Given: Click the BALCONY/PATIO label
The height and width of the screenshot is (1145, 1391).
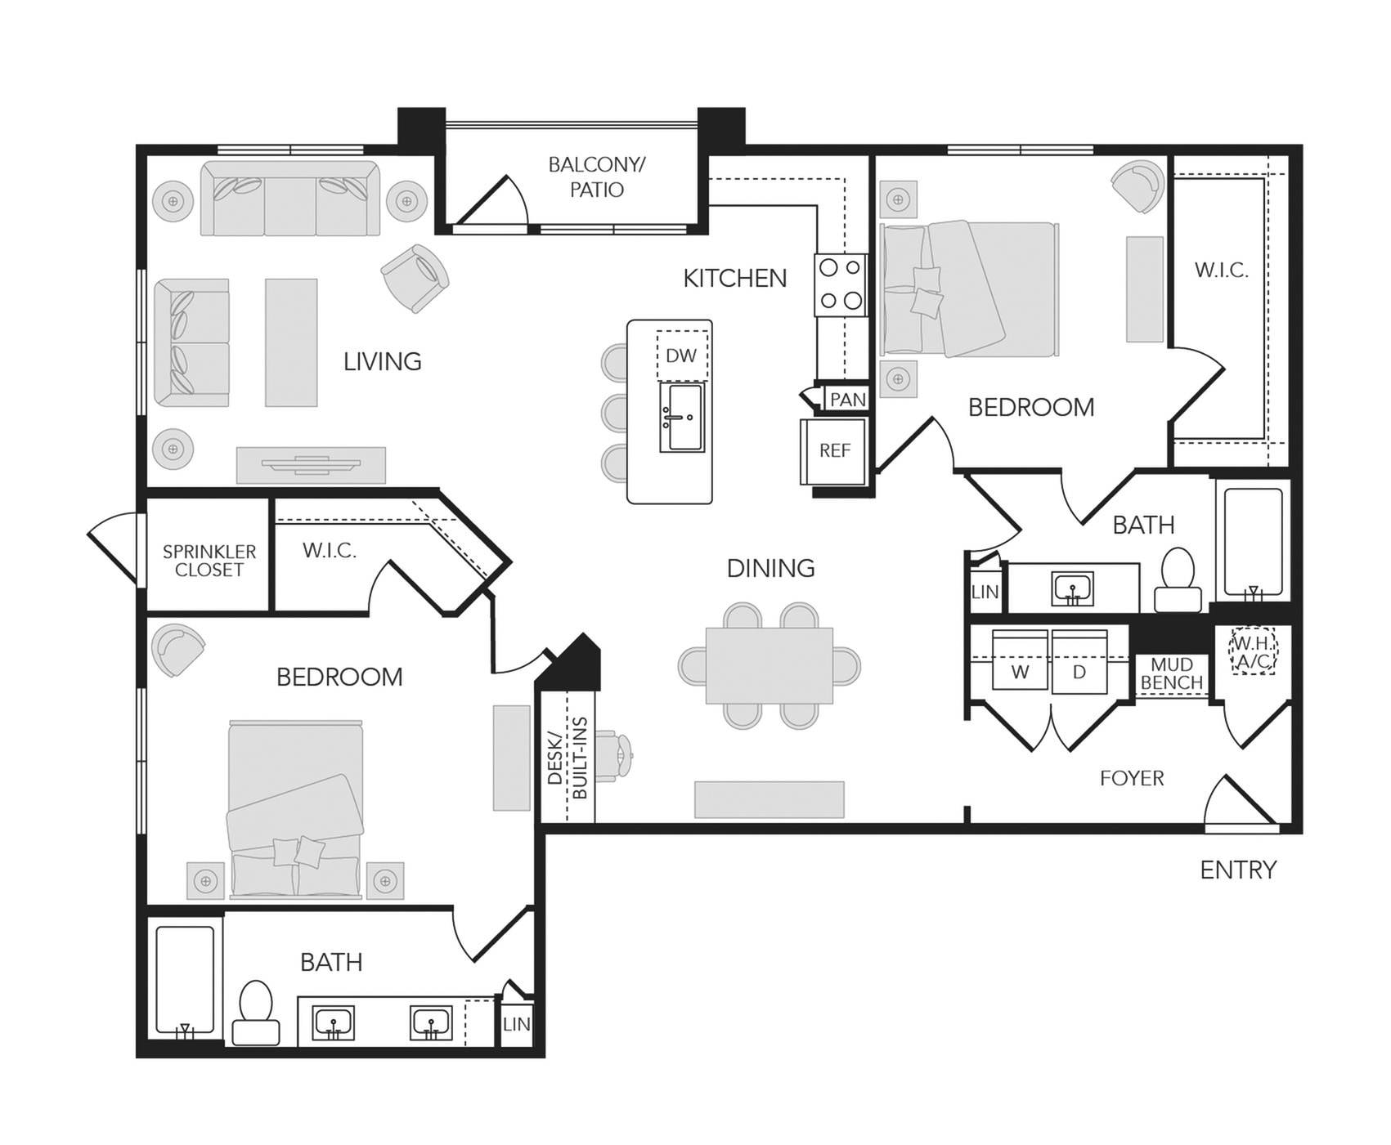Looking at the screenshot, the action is pyautogui.click(x=597, y=177).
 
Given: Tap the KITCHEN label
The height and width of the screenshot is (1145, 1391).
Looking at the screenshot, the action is pyautogui.click(x=735, y=279).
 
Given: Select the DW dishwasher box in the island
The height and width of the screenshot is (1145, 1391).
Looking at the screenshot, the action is pyautogui.click(x=682, y=356).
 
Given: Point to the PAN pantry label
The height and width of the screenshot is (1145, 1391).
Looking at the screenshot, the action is pyautogui.click(x=847, y=400).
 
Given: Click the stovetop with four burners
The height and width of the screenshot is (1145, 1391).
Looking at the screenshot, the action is pyautogui.click(x=841, y=284).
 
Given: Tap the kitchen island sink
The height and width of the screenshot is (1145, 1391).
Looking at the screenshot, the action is pyautogui.click(x=682, y=417).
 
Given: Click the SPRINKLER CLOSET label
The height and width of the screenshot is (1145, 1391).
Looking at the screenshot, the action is pyautogui.click(x=209, y=561).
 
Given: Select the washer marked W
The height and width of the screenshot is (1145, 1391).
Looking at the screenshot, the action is pyautogui.click(x=1020, y=660).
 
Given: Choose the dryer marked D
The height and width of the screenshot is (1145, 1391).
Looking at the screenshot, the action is pyautogui.click(x=1079, y=660).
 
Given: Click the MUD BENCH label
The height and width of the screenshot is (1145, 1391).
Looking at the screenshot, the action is pyautogui.click(x=1172, y=673).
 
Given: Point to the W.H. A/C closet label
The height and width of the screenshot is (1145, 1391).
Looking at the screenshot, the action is pyautogui.click(x=1253, y=652).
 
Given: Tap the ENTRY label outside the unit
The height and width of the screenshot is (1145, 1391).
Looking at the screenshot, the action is pyautogui.click(x=1238, y=870).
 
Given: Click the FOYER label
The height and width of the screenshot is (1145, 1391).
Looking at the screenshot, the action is pyautogui.click(x=1132, y=778).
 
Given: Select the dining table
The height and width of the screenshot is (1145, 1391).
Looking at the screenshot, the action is pyautogui.click(x=770, y=665).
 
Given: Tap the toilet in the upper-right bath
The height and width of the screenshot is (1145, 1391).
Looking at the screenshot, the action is pyautogui.click(x=1178, y=579).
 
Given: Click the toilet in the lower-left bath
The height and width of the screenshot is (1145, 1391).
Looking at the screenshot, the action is pyautogui.click(x=256, y=1013).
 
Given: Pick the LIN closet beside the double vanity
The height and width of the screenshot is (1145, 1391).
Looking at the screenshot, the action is pyautogui.click(x=516, y=1023).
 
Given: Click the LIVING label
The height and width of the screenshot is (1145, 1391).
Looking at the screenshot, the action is pyautogui.click(x=383, y=361).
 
